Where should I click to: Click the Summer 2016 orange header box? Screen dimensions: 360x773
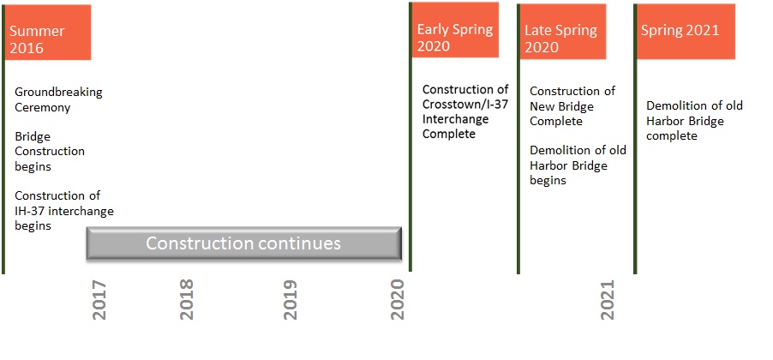tap(48, 32)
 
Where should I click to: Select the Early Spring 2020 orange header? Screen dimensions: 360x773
tap(454, 32)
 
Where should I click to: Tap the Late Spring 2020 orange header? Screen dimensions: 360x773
tap(562, 32)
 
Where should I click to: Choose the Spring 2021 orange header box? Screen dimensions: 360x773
tap(685, 32)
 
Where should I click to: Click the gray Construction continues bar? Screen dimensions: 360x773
tap(244, 243)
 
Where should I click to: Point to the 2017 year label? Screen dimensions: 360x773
tap(99, 300)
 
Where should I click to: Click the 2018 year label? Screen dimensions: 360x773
tap(187, 300)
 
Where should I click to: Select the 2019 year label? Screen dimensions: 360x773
tap(291, 300)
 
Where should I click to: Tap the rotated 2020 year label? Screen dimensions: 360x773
tap(398, 300)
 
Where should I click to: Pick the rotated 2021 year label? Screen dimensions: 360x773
tap(608, 300)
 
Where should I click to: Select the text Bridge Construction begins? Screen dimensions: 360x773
tap(50, 151)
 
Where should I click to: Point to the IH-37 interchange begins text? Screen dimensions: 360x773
tap(63, 211)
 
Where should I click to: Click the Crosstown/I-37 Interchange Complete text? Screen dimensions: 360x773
tap(465, 111)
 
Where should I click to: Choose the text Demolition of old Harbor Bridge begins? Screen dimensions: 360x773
tap(578, 165)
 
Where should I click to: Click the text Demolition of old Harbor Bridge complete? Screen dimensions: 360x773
tap(694, 121)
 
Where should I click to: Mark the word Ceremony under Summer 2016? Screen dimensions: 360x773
tap(42, 108)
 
